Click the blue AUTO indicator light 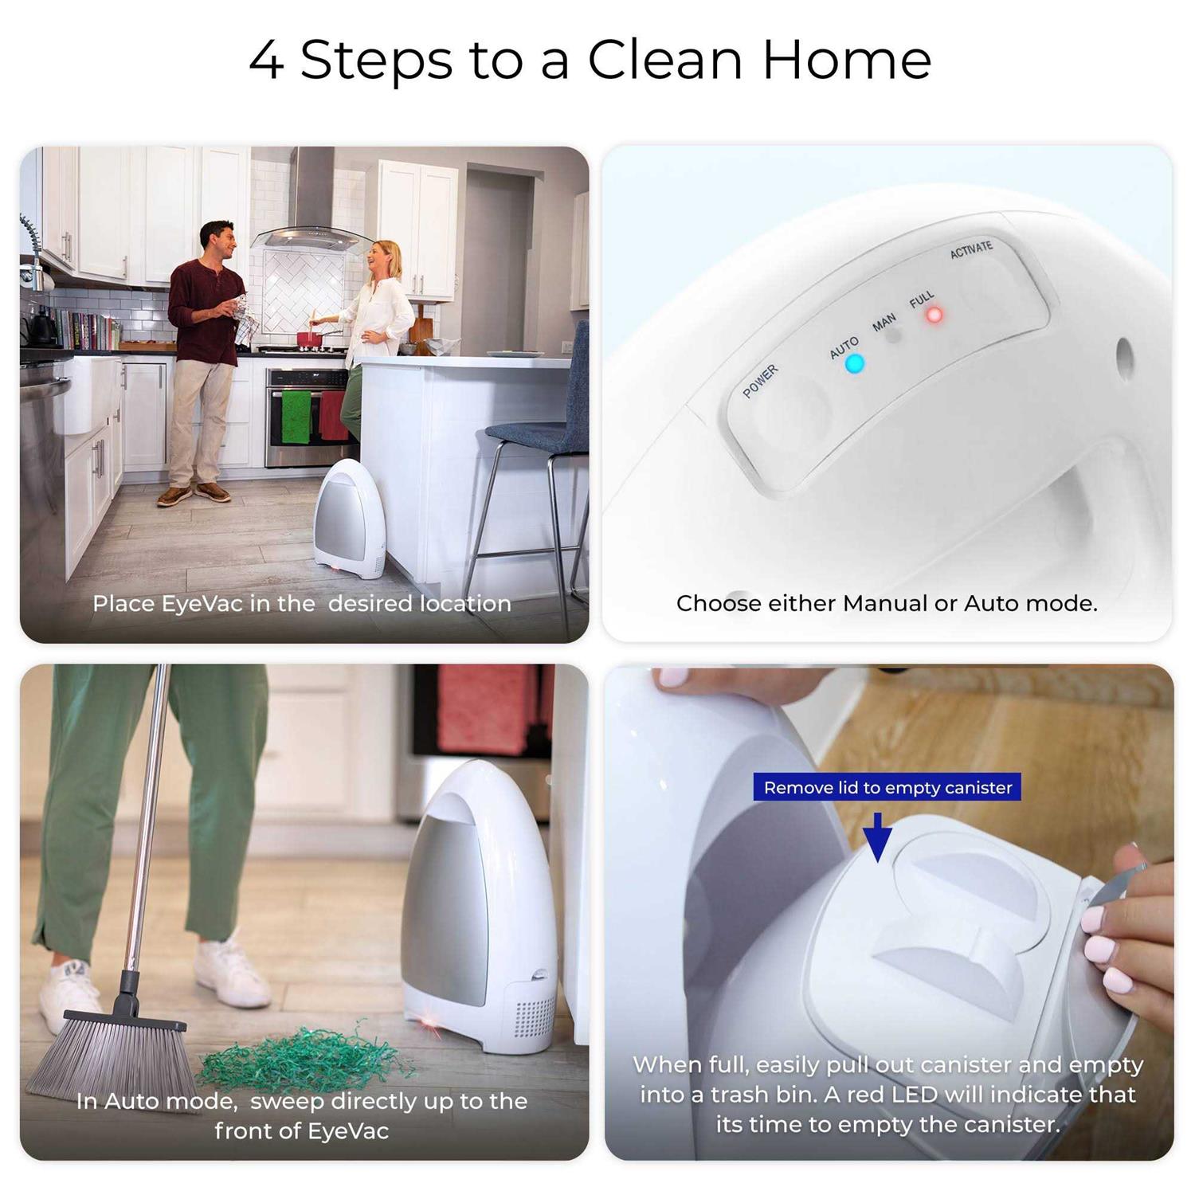854,364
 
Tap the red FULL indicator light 934,315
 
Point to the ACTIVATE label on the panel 971,249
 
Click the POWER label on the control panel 760,382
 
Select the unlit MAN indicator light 894,335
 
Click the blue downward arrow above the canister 877,837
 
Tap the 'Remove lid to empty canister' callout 887,787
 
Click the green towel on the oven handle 296,416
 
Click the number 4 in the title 266,61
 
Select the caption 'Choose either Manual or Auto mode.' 886,603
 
